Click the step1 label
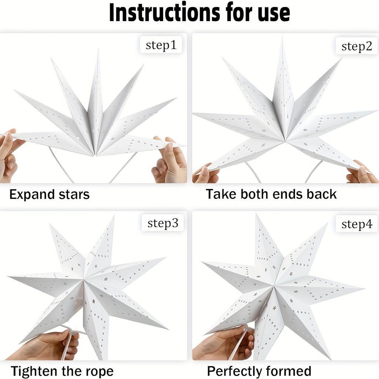click(x=161, y=45)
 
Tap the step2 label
click(x=356, y=46)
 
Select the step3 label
click(x=162, y=223)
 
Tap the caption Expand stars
click(x=49, y=194)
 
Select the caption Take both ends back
click(x=271, y=194)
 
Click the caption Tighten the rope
click(x=62, y=371)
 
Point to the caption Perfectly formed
click(x=259, y=371)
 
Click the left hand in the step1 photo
click(x=9, y=155)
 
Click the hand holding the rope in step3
click(x=48, y=346)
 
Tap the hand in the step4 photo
click(x=222, y=342)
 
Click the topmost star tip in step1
click(x=98, y=51)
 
